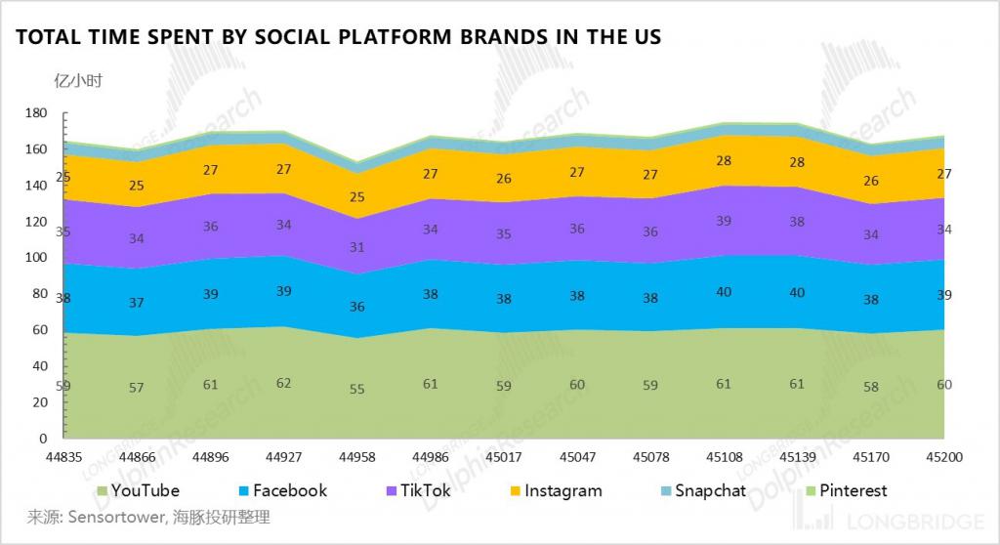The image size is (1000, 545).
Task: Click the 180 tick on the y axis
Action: pos(35,113)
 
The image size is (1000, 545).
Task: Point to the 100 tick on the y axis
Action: pos(35,258)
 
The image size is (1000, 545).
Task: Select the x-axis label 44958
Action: pos(356,456)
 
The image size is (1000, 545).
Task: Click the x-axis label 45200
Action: pos(944,456)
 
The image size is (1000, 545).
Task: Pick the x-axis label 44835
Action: pos(62,456)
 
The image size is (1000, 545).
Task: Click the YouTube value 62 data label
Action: pos(283,384)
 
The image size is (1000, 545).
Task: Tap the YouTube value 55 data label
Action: pos(356,389)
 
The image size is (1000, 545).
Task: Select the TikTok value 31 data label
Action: pos(356,247)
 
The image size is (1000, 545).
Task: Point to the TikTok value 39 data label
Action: pos(724,222)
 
